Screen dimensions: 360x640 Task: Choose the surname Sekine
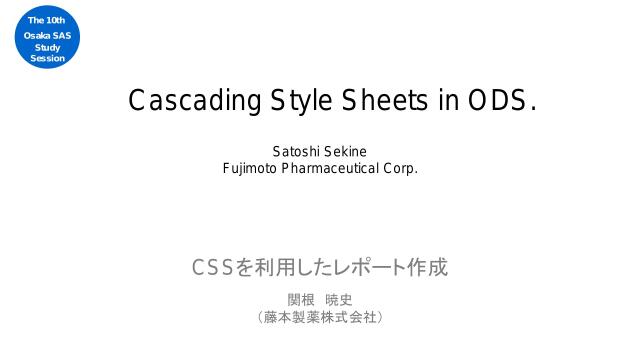tap(346, 152)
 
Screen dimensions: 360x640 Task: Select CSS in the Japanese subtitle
tap(212, 268)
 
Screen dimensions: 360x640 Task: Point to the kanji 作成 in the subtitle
tap(427, 268)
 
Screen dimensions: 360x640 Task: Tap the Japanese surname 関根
tap(302, 299)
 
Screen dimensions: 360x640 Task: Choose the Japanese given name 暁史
tap(339, 299)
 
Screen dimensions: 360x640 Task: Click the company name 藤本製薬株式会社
tap(320, 317)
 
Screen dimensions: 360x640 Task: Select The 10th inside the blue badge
tap(47, 21)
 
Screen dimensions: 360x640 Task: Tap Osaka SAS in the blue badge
tap(47, 36)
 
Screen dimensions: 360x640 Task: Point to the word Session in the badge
tap(47, 59)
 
